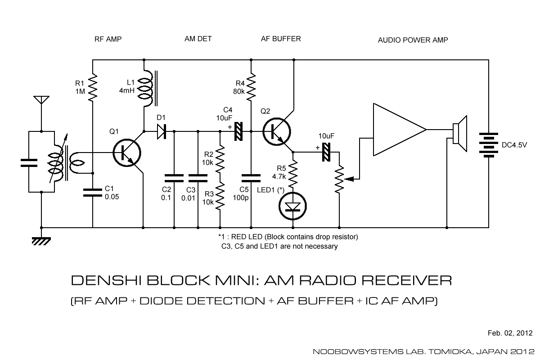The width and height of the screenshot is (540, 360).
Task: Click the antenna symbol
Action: coord(41,100)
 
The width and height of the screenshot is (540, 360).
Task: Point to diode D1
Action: coord(161,131)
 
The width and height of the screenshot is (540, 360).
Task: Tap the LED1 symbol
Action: coord(293,207)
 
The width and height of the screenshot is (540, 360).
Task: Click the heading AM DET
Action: coord(198,39)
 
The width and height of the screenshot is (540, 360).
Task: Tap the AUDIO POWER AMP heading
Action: coord(413,40)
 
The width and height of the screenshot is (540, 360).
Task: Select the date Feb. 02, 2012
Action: coord(510,333)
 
